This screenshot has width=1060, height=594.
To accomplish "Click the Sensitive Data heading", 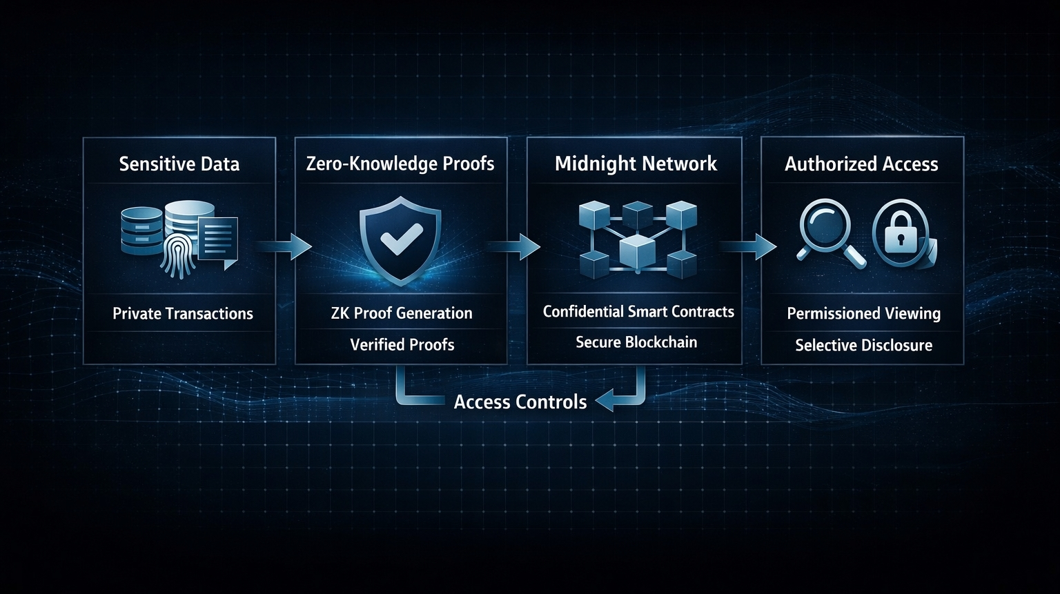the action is tap(179, 164).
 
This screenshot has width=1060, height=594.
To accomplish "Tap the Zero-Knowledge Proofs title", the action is tap(400, 164).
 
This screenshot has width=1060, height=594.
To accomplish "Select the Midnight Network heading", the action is tap(636, 164).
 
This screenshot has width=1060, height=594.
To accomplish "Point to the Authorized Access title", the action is tap(861, 164).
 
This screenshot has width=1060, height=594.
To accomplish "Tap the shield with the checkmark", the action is tap(400, 239).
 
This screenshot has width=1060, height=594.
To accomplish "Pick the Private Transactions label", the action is tap(183, 314).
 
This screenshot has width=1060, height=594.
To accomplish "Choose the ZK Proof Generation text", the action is tap(402, 313).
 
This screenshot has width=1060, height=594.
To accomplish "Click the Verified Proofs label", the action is tap(402, 345).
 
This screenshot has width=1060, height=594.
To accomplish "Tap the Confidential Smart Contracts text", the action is tap(638, 312).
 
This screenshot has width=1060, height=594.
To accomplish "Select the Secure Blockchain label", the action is tap(636, 342).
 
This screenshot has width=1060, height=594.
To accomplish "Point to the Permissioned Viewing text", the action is tap(863, 314).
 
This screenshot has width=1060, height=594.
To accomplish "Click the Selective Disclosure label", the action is tap(863, 346).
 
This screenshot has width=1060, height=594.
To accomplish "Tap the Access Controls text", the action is tap(520, 402).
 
